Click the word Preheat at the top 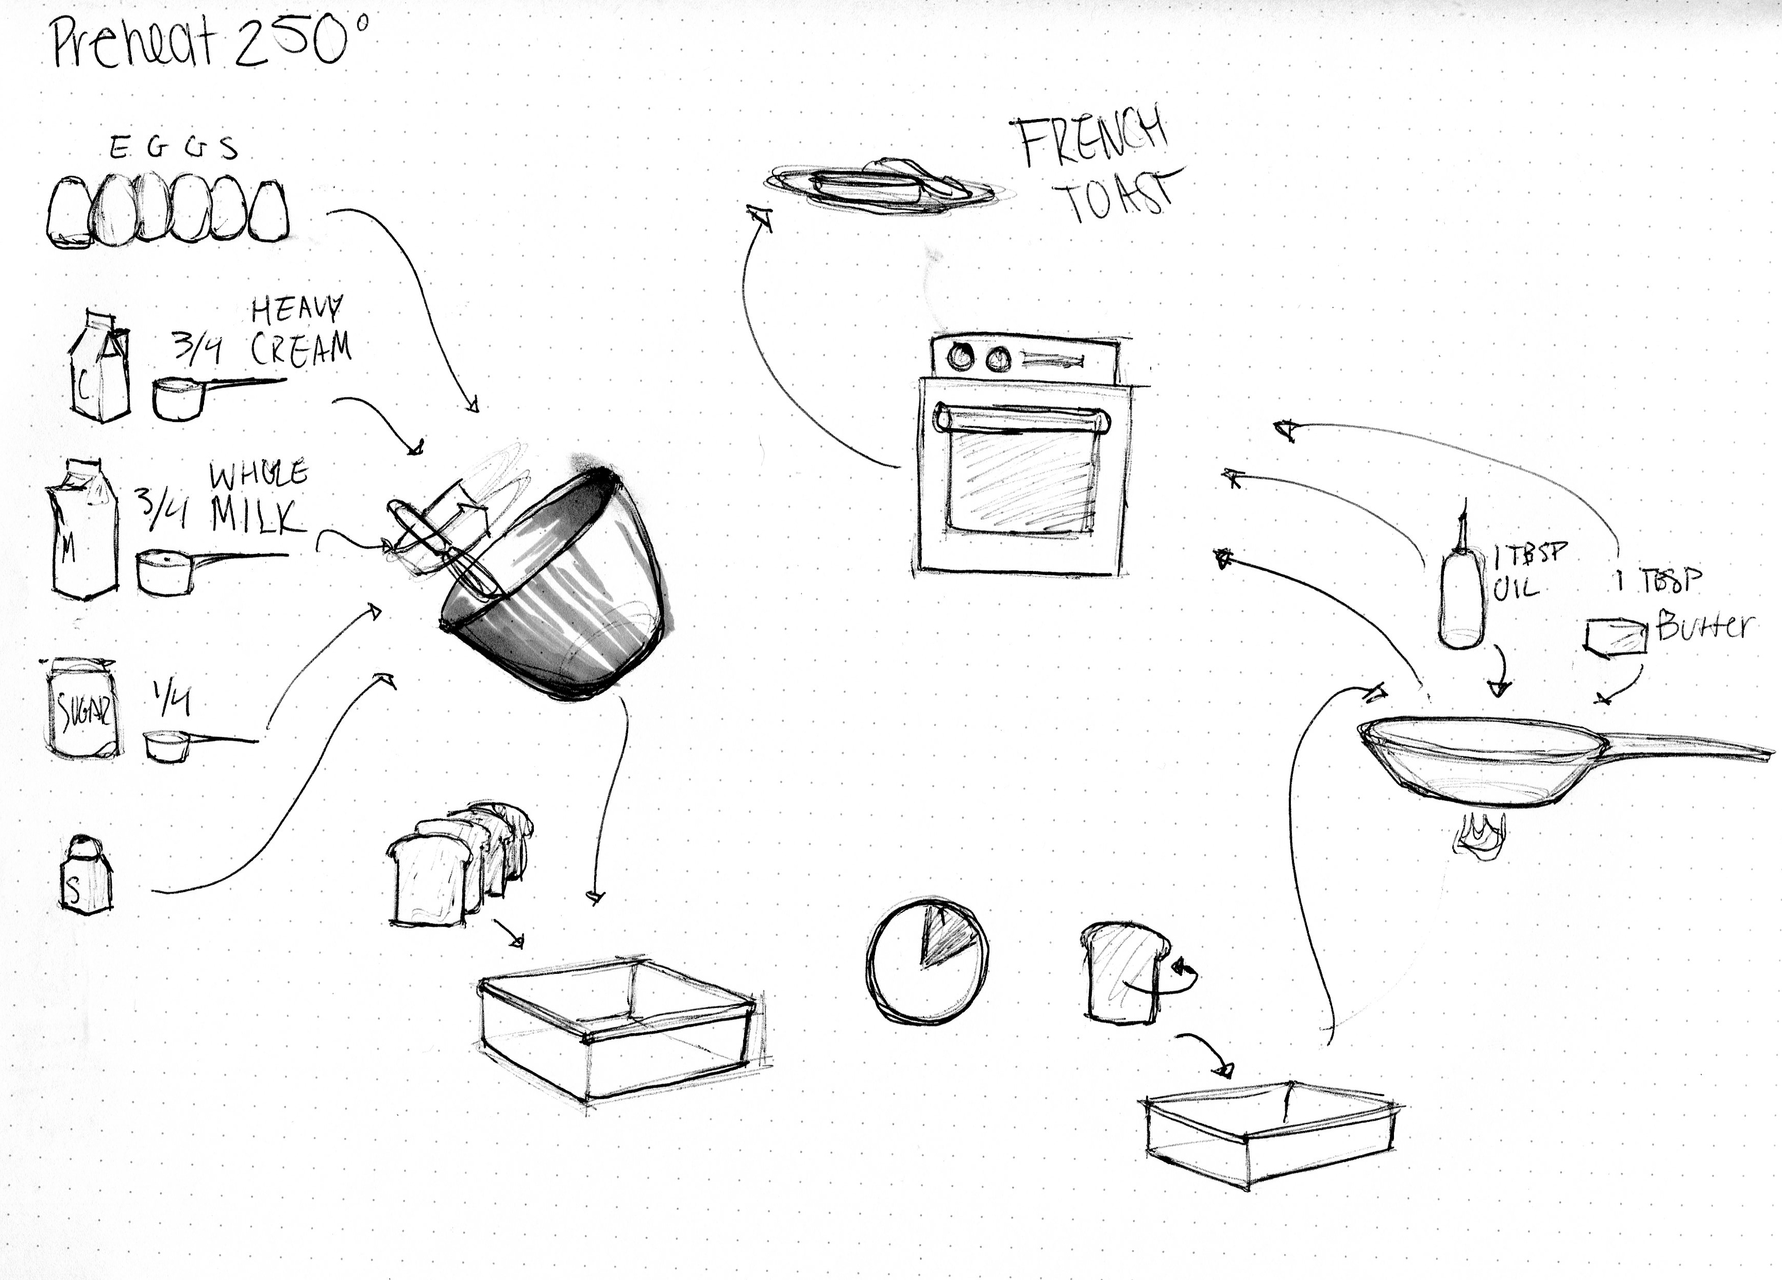[x=132, y=43]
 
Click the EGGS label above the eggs [x=173, y=148]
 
